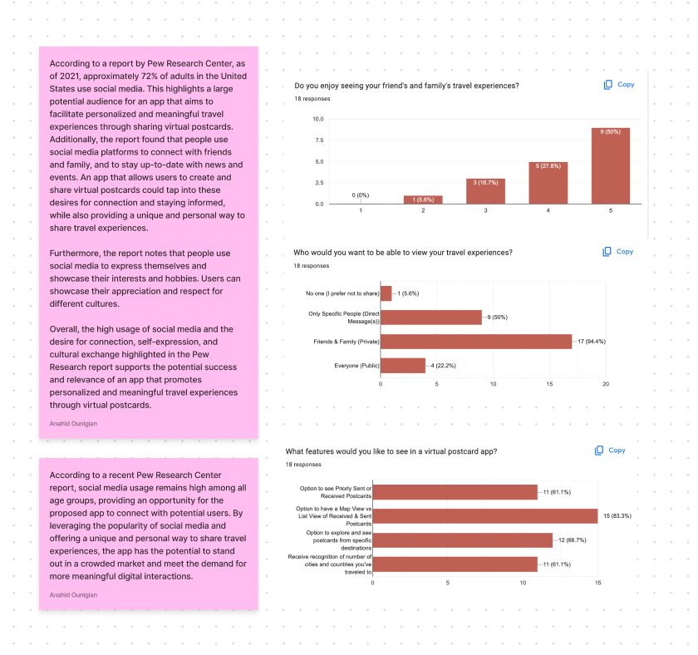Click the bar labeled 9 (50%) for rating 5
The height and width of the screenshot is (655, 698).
(610, 165)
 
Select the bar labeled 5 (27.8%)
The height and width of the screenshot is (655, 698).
(548, 183)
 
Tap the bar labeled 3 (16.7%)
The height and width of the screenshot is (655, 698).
(485, 191)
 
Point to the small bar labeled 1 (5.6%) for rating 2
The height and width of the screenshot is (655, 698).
(423, 199)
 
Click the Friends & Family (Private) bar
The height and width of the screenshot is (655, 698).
(476, 342)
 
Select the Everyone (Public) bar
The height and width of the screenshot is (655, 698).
(403, 366)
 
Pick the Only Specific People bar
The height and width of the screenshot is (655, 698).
(431, 317)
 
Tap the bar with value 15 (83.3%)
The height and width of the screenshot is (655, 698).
(485, 516)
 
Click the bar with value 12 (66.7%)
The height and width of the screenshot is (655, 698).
(463, 540)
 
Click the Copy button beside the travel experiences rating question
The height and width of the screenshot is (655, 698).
(619, 85)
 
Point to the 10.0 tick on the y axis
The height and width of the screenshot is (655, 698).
(318, 119)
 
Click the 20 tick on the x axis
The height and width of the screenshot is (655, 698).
(606, 384)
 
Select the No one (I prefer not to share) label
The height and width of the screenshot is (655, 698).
(342, 293)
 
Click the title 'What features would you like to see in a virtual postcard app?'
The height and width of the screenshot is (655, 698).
(391, 451)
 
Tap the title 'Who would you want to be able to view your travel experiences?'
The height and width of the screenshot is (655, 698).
(403, 252)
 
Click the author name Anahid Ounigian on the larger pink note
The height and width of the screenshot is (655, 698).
(73, 423)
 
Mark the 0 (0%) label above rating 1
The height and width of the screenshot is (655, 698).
(361, 195)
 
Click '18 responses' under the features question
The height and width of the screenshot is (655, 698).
(303, 465)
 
